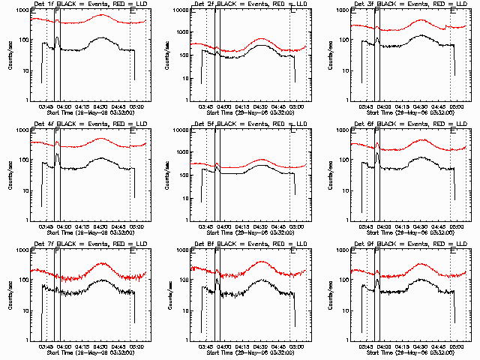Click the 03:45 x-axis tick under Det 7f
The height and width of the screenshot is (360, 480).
pos(46,346)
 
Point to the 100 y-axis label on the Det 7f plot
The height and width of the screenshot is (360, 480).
pos(22,280)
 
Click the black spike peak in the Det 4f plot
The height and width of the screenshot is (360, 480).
pos(58,154)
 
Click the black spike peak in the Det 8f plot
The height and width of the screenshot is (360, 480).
pos(217,280)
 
